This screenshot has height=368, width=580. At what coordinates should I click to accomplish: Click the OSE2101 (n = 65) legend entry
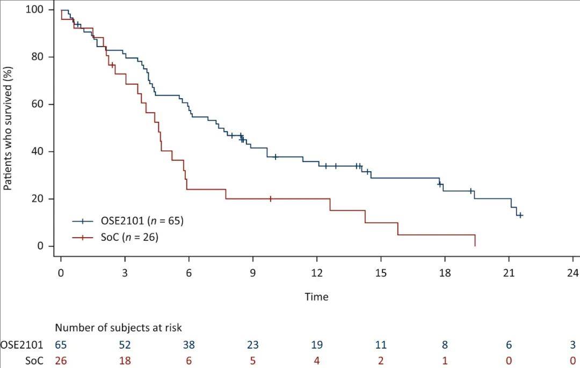pyautogui.click(x=140, y=220)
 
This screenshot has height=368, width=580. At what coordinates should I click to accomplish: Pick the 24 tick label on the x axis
pyautogui.click(x=572, y=271)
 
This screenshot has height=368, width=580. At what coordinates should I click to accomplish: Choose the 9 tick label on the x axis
pyautogui.click(x=253, y=271)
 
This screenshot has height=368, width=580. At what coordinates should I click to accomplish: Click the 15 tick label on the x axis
pyautogui.click(x=381, y=271)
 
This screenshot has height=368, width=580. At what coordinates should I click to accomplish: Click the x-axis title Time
pyautogui.click(x=316, y=297)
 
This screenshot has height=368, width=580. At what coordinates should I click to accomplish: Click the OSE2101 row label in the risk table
pyautogui.click(x=21, y=345)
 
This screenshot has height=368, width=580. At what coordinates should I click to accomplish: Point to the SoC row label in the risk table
pyautogui.click(x=34, y=360)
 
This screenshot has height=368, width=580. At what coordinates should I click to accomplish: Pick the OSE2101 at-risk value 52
pyautogui.click(x=125, y=345)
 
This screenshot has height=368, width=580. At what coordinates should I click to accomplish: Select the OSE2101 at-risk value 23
pyautogui.click(x=253, y=345)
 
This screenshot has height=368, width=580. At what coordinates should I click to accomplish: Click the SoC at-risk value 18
pyautogui.click(x=125, y=360)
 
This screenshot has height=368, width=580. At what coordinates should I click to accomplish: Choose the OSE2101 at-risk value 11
pyautogui.click(x=381, y=345)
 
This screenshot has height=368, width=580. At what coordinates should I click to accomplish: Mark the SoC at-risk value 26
pyautogui.click(x=61, y=360)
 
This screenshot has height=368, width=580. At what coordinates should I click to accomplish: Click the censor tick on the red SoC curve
pyautogui.click(x=271, y=198)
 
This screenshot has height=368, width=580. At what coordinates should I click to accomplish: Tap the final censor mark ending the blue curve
pyautogui.click(x=520, y=215)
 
